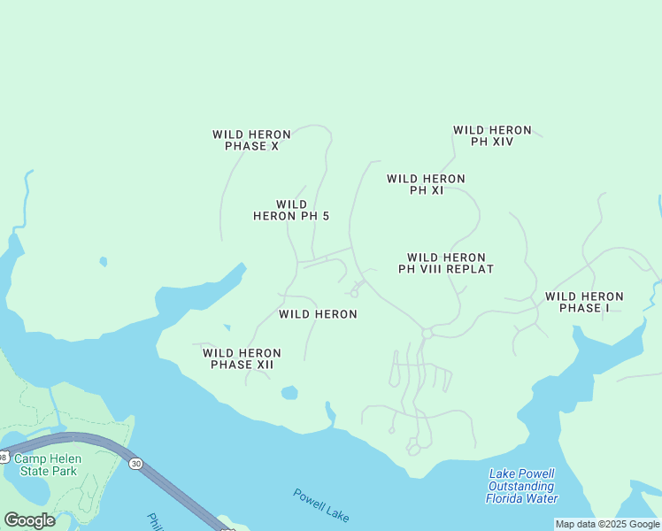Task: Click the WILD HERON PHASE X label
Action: pyautogui.click(x=251, y=140)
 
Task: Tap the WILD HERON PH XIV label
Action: pyautogui.click(x=492, y=135)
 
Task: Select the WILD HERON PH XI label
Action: pyautogui.click(x=426, y=184)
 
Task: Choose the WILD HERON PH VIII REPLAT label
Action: pyautogui.click(x=445, y=263)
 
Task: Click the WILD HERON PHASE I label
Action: pyautogui.click(x=584, y=302)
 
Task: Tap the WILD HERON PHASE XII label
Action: pyautogui.click(x=242, y=358)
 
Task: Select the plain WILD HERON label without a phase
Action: pyautogui.click(x=318, y=314)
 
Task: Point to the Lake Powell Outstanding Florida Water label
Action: pyautogui.click(x=521, y=486)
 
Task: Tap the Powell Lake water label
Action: pyautogui.click(x=321, y=505)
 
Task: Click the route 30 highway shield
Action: pyautogui.click(x=135, y=463)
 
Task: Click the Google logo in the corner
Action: pyautogui.click(x=30, y=520)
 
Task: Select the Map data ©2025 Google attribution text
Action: pyautogui.click(x=607, y=524)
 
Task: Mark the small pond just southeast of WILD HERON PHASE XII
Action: pyautogui.click(x=289, y=393)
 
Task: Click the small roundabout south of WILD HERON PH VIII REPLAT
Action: pyautogui.click(x=427, y=333)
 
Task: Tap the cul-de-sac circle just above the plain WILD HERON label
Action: pyautogui.click(x=354, y=293)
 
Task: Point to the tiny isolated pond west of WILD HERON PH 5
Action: pyautogui.click(x=104, y=262)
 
